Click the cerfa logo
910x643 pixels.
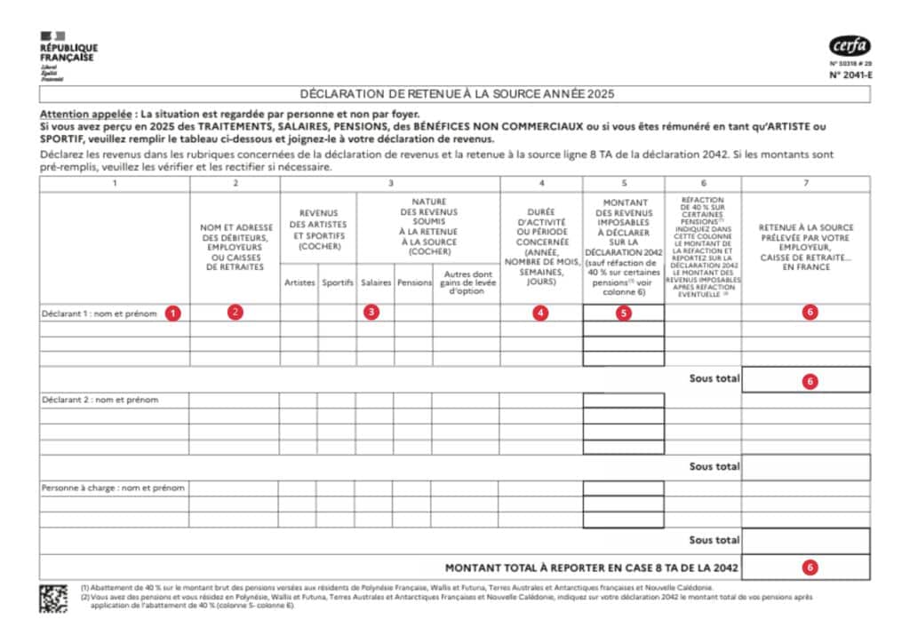(850, 46)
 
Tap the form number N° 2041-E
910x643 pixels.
(849, 75)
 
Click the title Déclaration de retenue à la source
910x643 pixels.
(457, 93)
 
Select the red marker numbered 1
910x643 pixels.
(174, 313)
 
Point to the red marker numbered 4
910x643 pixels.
(540, 313)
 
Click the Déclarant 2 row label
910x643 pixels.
(100, 400)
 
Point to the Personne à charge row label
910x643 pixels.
(113, 488)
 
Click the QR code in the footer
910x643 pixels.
(53, 599)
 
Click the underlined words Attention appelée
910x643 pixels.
(85, 115)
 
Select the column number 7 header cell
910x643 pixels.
(805, 184)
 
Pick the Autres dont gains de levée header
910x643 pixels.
(466, 282)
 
